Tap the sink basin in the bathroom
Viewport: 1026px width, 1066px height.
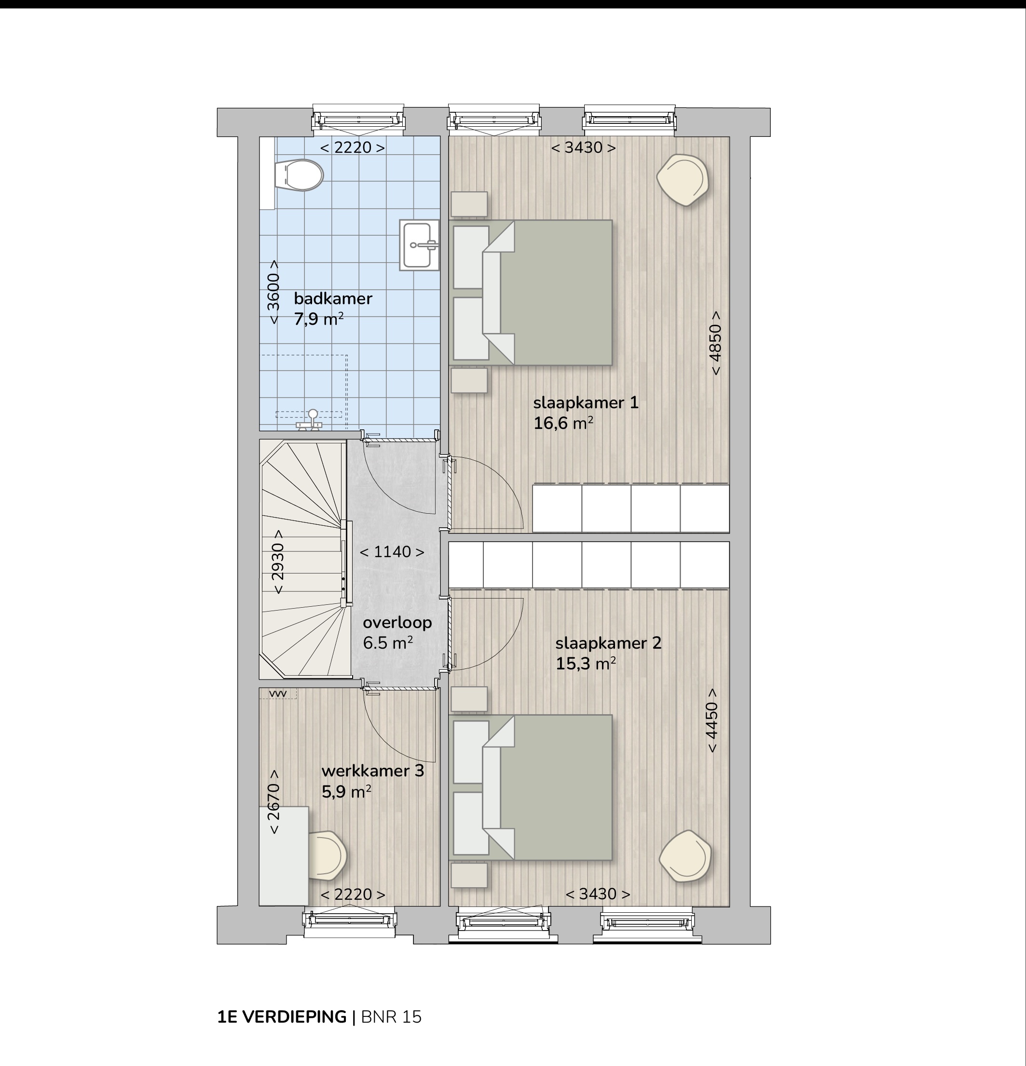click(x=419, y=245)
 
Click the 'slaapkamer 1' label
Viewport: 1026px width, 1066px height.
click(x=586, y=403)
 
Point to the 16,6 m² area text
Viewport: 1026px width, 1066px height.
click(x=563, y=423)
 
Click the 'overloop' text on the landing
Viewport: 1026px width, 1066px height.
click(x=397, y=623)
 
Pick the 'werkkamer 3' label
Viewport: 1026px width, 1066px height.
click(x=373, y=771)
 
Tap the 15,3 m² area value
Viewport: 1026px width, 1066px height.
click(x=586, y=664)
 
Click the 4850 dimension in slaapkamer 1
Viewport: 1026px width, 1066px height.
click(x=715, y=343)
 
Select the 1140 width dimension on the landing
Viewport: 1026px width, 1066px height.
click(x=392, y=552)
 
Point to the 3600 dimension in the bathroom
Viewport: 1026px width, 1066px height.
click(x=274, y=292)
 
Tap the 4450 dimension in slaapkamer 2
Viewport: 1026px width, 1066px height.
click(x=712, y=720)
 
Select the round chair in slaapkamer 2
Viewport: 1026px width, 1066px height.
click(x=685, y=857)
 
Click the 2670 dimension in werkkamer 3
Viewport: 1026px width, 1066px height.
click(x=274, y=802)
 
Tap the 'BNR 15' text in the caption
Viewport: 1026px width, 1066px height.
click(x=391, y=1017)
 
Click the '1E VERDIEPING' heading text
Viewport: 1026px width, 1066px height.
click(x=282, y=1017)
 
